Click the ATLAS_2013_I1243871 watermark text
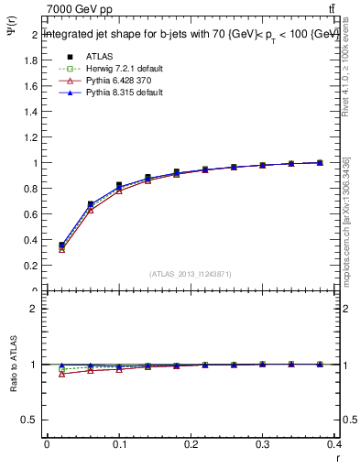[191, 274]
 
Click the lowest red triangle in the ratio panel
[61, 374]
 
